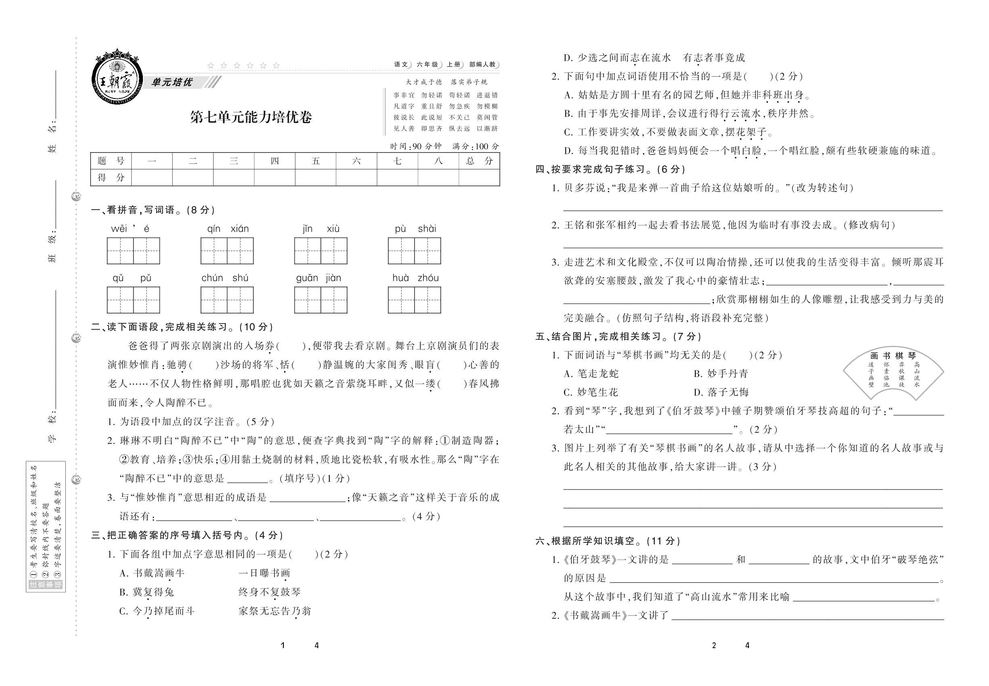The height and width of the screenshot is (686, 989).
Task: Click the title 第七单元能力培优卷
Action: [x=251, y=117]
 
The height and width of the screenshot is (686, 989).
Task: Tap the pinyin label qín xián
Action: [x=228, y=229]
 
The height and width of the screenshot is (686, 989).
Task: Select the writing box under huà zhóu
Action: [x=414, y=300]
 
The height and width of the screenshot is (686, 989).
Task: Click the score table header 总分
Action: [x=479, y=161]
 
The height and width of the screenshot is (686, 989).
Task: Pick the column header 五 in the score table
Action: [x=315, y=161]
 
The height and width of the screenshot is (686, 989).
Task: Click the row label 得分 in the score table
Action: [x=111, y=177]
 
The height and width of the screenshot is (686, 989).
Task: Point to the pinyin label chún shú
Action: [x=225, y=278]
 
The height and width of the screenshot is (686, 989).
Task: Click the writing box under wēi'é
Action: [x=133, y=251]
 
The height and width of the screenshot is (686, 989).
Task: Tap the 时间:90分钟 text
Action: [x=416, y=146]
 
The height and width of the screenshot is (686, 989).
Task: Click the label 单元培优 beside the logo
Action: [x=172, y=82]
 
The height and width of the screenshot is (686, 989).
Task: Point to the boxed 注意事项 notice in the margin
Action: [x=46, y=527]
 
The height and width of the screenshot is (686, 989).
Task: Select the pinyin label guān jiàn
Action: [x=318, y=278]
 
